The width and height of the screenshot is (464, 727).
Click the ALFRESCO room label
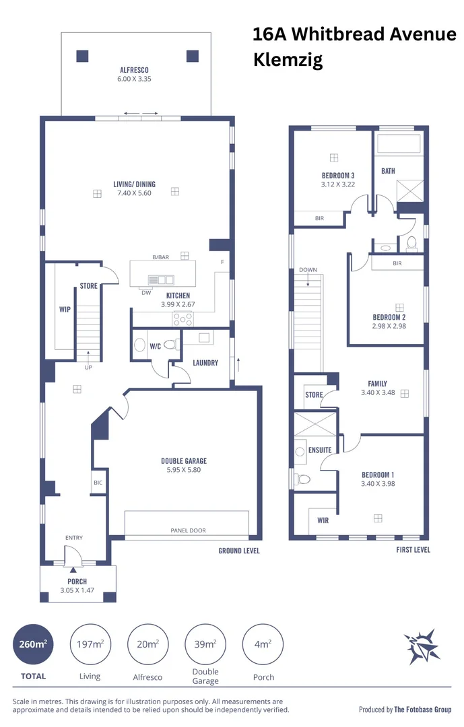pos(134,70)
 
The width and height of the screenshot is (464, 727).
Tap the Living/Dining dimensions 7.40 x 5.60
pos(134,193)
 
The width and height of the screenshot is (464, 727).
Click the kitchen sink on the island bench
pos(162,279)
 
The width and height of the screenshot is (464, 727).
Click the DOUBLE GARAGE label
pos(183,461)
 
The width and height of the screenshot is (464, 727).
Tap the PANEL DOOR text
pos(188,530)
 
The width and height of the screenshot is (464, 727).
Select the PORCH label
pos(77,582)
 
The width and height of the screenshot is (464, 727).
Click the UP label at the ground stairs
pos(88,368)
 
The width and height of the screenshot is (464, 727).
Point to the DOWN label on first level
pos(308,270)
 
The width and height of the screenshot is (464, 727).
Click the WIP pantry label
pos(65,310)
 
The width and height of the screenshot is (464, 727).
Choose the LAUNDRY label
pos(205,363)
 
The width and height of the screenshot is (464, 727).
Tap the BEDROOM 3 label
pos(337,176)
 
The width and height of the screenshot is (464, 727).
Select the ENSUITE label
pos(319,450)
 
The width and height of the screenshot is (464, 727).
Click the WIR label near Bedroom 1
pos(323,520)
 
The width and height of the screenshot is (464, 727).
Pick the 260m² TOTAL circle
pos(33,644)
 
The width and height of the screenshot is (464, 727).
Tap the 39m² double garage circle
pos(205,644)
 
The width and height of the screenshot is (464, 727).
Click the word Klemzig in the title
pos(288,60)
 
